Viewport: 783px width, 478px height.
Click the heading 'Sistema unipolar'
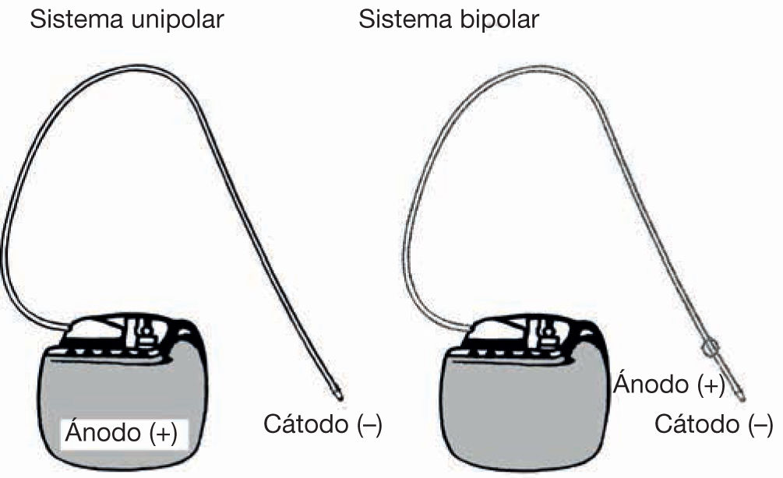[x=126, y=19]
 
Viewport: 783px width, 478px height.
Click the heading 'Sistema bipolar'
[x=448, y=19]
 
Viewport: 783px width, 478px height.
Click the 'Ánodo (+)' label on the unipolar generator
[x=120, y=432]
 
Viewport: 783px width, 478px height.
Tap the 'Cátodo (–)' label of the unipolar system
[x=323, y=425]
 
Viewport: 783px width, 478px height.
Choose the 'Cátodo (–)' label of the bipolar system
[x=713, y=425]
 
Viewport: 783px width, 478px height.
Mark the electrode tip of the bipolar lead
[x=740, y=396]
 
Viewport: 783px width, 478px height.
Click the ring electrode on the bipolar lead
[x=710, y=349]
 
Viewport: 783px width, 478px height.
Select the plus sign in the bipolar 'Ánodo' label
[x=711, y=384]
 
